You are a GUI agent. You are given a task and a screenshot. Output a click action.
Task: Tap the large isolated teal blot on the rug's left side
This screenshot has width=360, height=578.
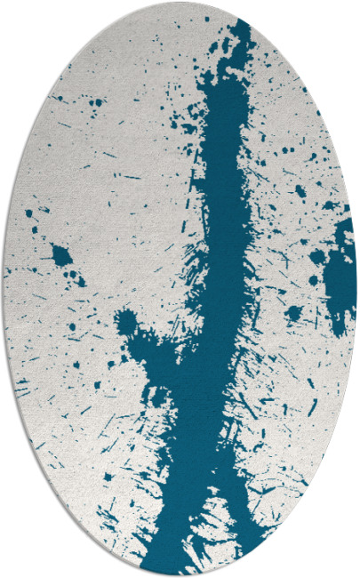pyautogui.click(x=60, y=256)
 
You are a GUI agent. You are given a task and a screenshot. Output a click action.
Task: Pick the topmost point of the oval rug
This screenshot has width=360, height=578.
pyautogui.click(x=180, y=3)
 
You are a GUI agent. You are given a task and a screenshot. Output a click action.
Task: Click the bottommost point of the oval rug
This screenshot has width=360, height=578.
pyautogui.click(x=180, y=574)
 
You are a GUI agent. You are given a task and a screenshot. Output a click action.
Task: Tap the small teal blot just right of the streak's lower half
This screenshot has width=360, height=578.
pyautogui.click(x=292, y=312)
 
